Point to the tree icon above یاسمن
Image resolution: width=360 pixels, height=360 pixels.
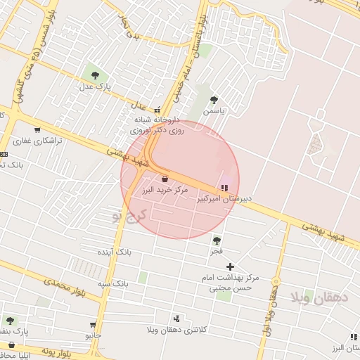click(x=214, y=100)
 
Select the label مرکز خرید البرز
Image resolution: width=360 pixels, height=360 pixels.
click(x=165, y=190)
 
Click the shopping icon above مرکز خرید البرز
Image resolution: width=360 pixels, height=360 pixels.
click(x=165, y=179)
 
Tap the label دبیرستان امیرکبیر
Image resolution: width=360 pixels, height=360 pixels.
click(x=223, y=199)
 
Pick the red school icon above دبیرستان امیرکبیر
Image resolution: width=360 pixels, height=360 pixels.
click(x=224, y=188)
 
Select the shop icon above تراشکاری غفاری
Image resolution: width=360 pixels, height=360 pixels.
click(x=37, y=129)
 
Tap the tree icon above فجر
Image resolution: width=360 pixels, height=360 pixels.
click(x=216, y=240)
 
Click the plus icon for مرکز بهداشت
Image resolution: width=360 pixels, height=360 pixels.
click(x=230, y=266)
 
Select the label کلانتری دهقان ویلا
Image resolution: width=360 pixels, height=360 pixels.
click(x=176, y=330)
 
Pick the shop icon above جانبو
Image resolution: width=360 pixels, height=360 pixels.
click(x=93, y=324)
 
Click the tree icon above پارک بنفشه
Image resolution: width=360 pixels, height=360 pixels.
click(x=10, y=320)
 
